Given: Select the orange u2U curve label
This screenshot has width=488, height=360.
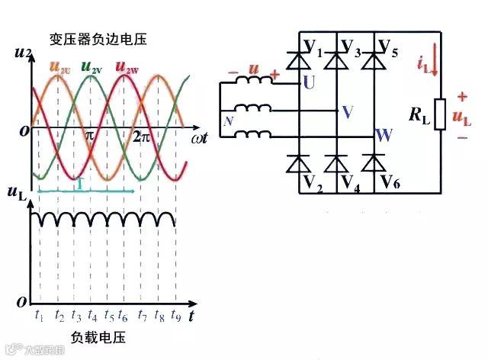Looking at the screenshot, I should [x=59, y=66].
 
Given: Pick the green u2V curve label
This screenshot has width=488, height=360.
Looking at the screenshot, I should [x=91, y=66].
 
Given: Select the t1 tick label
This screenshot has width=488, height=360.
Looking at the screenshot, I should [x=40, y=314].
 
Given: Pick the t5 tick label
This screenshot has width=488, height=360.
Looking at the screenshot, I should [x=109, y=314].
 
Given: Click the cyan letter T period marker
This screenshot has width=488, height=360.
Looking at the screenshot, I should [x=79, y=184].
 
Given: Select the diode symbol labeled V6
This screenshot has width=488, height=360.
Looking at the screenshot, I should [x=373, y=163].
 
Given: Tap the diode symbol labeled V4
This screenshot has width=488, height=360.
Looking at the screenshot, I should [x=335, y=163].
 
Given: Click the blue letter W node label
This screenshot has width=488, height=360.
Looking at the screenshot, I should [x=384, y=137].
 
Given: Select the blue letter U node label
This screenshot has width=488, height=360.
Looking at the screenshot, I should [x=308, y=82].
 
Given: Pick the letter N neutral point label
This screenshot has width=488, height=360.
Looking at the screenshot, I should [x=227, y=120].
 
